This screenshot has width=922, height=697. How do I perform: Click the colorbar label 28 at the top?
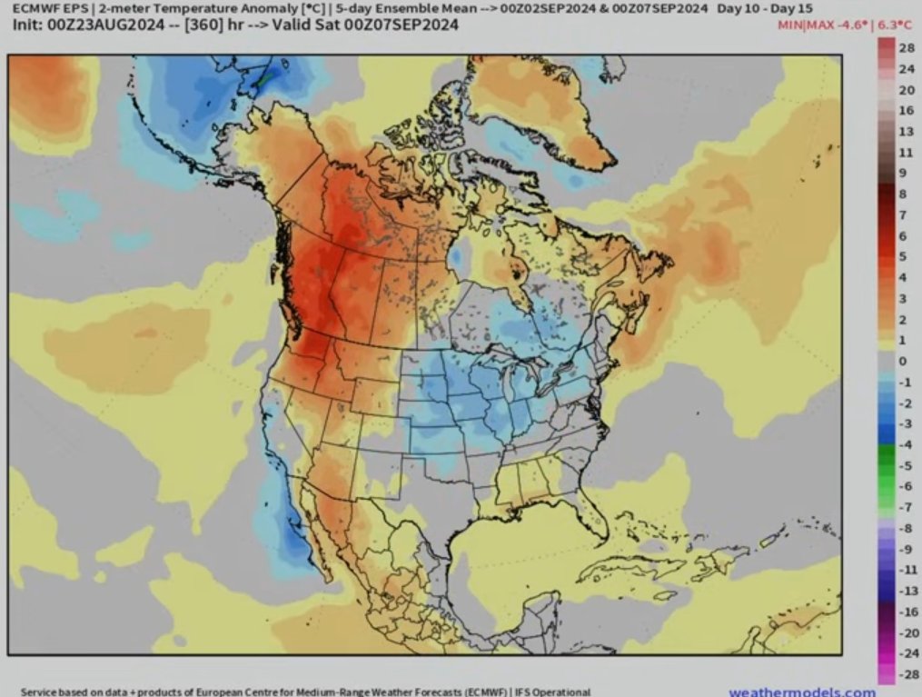pyautogui.click(x=906, y=47)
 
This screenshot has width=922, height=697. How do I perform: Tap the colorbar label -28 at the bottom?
pyautogui.click(x=905, y=673)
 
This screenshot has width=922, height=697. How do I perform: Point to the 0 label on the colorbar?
pyautogui.click(x=902, y=361)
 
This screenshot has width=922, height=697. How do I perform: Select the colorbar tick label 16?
pyautogui.click(x=906, y=111)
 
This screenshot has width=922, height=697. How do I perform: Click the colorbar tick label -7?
pyautogui.click(x=905, y=507)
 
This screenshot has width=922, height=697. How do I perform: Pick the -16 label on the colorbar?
pyautogui.click(x=905, y=612)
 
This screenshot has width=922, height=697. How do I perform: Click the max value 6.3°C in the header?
pyautogui.click(x=896, y=25)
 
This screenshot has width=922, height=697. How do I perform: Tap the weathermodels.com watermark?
pyautogui.click(x=802, y=692)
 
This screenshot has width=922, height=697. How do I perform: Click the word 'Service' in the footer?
pyautogui.click(x=41, y=692)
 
